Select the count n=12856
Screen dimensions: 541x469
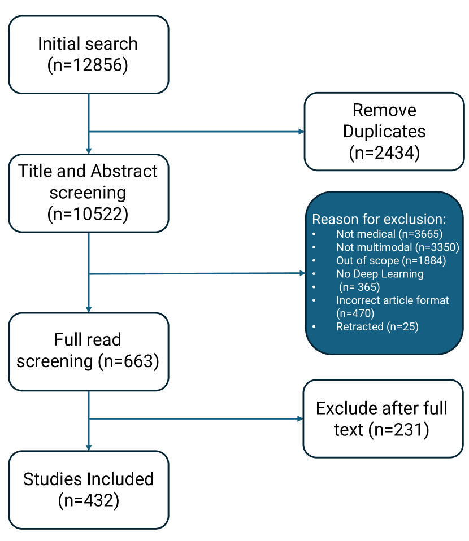coord(88,65)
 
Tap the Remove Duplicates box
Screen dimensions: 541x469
coord(384,131)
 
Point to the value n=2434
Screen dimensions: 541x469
coord(384,152)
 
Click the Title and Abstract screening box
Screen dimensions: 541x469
coord(88,193)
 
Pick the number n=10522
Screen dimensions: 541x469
coord(88,214)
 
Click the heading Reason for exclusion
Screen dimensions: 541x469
coord(379,219)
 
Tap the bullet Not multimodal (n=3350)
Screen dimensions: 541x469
coord(397,247)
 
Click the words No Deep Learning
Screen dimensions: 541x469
coord(380,274)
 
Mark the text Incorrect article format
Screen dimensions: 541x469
coord(392,300)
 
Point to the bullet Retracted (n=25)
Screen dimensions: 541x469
coord(377,326)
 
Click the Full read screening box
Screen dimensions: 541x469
coord(88,351)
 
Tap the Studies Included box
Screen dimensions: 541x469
coord(88,489)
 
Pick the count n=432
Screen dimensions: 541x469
coord(88,500)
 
